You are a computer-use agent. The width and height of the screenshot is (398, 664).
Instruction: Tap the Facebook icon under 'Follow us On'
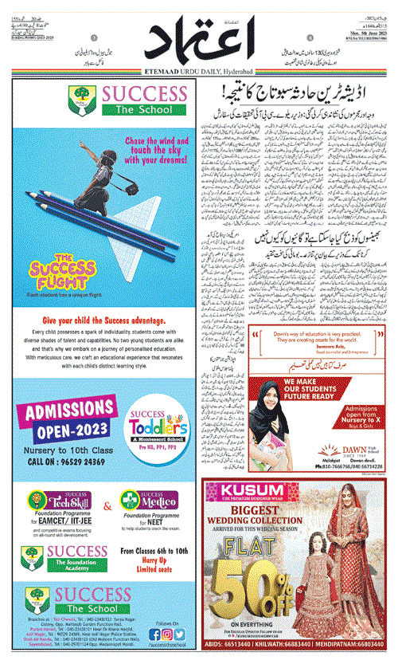150,634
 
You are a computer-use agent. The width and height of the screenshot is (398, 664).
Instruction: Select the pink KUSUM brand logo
240,489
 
